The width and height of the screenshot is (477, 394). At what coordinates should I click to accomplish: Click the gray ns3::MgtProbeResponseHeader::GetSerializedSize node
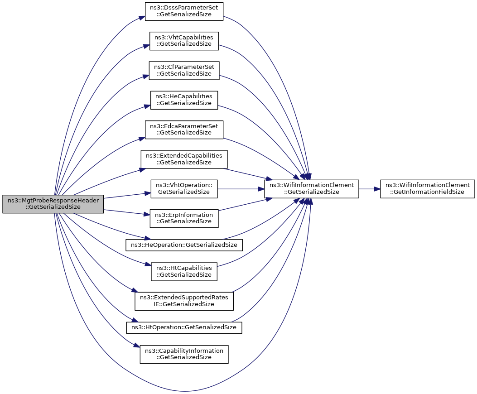pos(53,203)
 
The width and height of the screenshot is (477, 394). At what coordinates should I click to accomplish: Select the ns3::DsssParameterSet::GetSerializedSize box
pos(184,12)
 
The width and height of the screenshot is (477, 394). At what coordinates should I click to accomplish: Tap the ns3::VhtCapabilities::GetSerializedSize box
pos(184,41)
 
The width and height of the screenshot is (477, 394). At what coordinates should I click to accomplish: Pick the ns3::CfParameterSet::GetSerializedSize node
pos(184,70)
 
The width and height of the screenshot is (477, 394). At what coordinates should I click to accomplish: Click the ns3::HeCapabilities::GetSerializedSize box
pos(184,100)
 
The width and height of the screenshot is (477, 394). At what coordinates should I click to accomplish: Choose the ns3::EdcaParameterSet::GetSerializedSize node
pos(184,129)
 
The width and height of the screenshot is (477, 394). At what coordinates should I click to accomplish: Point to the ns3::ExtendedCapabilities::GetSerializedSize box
pos(184,159)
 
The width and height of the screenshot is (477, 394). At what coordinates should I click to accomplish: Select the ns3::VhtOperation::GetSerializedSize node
pos(184,188)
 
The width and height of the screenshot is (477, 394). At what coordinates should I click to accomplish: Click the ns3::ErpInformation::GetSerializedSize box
pos(184,218)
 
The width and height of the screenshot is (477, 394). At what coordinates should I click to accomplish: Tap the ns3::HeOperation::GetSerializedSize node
pos(184,245)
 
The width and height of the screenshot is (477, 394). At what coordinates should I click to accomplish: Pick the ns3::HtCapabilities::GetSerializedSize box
pos(184,271)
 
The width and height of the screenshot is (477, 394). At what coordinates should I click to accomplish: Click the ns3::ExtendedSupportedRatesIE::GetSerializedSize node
pos(184,301)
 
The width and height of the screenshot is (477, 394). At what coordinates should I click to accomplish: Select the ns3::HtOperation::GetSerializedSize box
pos(184,327)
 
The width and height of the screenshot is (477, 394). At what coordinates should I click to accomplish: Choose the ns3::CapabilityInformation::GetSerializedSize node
pos(184,354)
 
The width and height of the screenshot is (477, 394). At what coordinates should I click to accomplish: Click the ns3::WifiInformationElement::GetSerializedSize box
pos(312,188)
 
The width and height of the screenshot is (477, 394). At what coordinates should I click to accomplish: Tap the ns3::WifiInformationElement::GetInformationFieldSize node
pos(428,188)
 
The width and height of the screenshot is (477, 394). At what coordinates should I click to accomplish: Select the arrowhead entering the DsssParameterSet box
pos(142,19)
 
